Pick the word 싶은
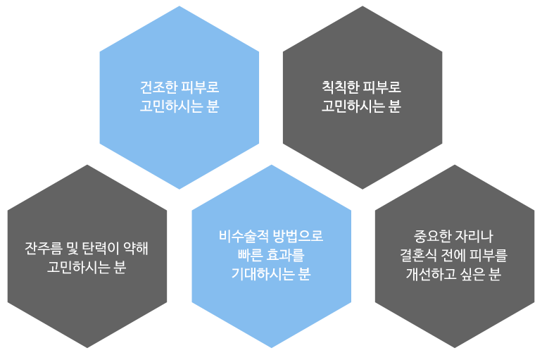point(472,274)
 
